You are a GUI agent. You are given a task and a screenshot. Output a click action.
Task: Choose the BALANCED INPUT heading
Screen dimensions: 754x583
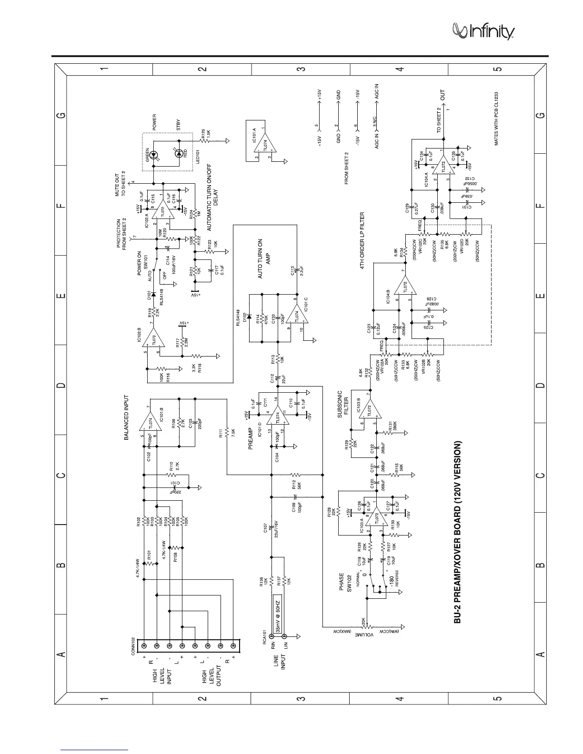[127, 418]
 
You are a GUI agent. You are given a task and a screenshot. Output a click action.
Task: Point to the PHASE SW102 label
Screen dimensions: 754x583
[344, 582]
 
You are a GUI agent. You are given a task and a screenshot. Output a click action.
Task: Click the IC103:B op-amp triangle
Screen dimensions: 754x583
[369, 410]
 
